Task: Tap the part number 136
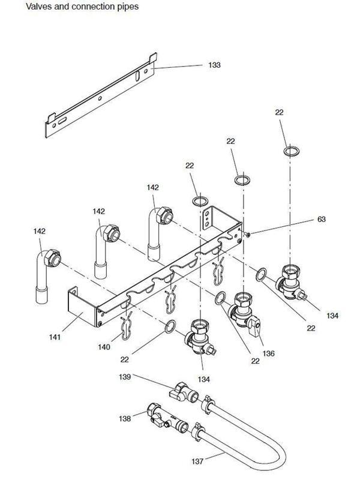268,353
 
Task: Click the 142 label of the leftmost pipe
40,231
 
